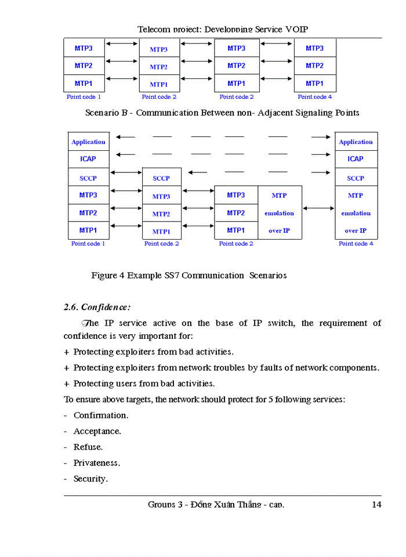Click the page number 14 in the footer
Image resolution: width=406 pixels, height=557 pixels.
point(376,504)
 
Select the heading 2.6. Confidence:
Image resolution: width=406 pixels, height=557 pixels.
point(97,307)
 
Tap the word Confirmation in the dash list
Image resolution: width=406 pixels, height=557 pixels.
point(100,415)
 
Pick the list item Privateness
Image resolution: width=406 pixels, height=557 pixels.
point(96,463)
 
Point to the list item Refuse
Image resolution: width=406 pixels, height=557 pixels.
point(88,447)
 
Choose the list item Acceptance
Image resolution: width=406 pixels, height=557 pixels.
point(97,431)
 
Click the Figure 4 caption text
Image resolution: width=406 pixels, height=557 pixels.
point(188,275)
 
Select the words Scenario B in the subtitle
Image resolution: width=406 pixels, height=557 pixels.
point(106,113)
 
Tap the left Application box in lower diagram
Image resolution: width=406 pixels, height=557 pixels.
point(88,142)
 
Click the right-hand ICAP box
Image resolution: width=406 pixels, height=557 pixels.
point(356,158)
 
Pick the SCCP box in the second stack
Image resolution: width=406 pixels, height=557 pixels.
point(161,178)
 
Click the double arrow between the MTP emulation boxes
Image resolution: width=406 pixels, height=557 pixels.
point(318,208)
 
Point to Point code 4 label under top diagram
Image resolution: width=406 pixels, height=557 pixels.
point(315,97)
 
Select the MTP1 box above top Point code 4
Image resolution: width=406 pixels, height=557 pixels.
point(314,84)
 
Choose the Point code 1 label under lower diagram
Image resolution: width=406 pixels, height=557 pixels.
point(88,244)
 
